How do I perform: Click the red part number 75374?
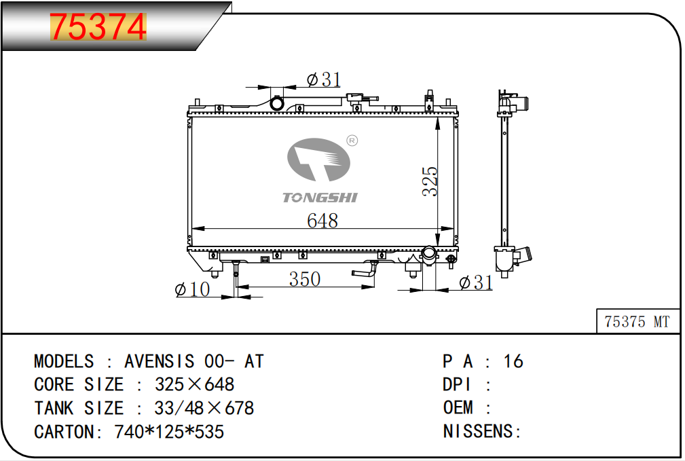pyautogui.click(x=98, y=26)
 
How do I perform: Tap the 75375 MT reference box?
pyautogui.click(x=638, y=322)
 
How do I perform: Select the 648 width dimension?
pyautogui.click(x=322, y=221)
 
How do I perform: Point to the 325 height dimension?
pyautogui.click(x=430, y=181)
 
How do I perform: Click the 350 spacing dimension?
pyautogui.click(x=305, y=279)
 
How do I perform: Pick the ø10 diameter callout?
pyautogui.click(x=192, y=289)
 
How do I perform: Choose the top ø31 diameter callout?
pyautogui.click(x=324, y=79)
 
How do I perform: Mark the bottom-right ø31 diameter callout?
pyautogui.click(x=476, y=282)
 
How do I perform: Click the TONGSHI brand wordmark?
pyautogui.click(x=320, y=198)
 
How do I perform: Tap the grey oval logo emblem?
pyautogui.click(x=318, y=160)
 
